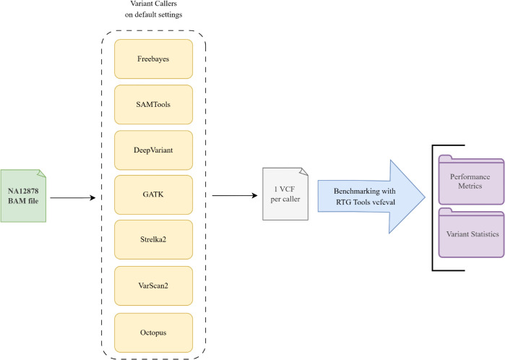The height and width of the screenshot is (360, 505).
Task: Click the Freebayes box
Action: pos(153,59)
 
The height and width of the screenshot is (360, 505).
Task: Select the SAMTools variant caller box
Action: pos(153,104)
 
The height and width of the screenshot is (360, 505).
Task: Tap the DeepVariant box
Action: pos(153,150)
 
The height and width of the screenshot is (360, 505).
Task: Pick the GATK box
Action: pos(153,194)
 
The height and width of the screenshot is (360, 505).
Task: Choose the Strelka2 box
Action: pos(153,239)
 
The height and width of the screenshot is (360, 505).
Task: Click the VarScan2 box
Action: pos(153,286)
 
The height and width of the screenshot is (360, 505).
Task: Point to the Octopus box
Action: pos(153,333)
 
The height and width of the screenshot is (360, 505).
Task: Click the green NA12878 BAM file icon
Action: pos(23,196)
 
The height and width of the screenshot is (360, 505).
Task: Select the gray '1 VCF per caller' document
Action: pos(285,194)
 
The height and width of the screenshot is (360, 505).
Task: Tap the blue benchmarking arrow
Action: pos(371,197)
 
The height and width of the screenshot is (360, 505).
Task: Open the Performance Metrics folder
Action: pos(471,180)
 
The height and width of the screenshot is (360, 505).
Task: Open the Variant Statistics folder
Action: pos(471,233)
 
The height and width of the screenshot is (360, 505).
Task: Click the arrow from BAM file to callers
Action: pos(73,198)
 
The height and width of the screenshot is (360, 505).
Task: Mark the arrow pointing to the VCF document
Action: pos(235,195)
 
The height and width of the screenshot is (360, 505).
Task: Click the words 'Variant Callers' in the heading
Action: pos(154,4)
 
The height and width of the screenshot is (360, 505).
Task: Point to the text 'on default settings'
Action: pos(154,15)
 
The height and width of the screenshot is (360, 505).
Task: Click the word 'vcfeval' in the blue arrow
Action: pos(384,202)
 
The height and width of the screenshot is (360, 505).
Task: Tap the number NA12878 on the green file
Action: pos(23,191)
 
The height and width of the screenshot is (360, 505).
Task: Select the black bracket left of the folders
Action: pos(433,208)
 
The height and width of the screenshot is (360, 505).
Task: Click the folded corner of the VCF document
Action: pos(304,171)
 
